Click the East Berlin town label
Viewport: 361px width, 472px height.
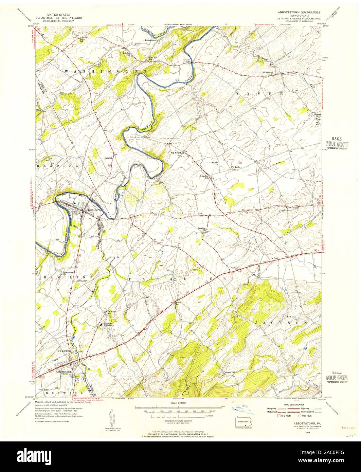pos(95,210)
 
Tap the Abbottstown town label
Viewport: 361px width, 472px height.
pos(64,372)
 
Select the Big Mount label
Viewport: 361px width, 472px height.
pos(176,153)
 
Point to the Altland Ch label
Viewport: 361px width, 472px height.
pos(215,163)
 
